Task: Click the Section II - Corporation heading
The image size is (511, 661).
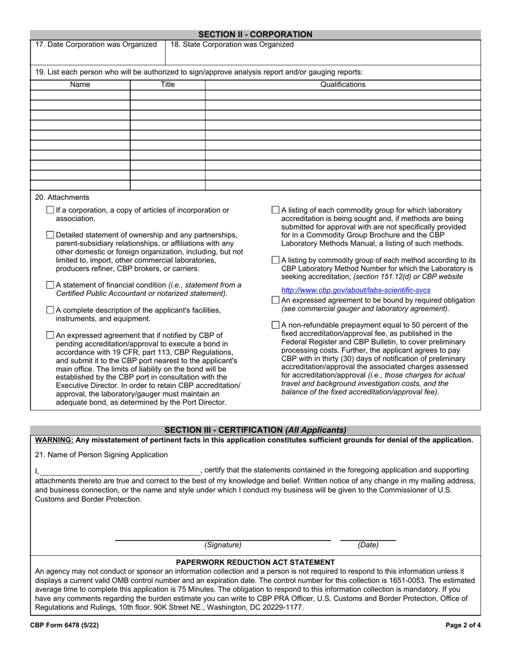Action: (x=255, y=34)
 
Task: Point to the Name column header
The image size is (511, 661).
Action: (x=80, y=84)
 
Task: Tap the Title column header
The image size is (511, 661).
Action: (x=168, y=84)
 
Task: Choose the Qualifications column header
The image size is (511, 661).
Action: (x=343, y=84)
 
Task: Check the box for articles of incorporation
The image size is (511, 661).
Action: (x=51, y=210)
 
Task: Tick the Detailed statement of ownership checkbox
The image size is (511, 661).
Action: (x=51, y=235)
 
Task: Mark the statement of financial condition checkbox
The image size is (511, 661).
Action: (x=51, y=285)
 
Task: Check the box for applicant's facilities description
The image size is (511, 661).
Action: (x=51, y=310)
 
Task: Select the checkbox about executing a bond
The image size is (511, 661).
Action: (x=51, y=335)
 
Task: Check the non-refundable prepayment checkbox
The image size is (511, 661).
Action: (x=276, y=325)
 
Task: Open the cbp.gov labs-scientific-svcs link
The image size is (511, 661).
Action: (x=356, y=290)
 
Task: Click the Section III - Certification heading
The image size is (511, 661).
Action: (x=255, y=430)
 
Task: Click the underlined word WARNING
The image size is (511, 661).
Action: (x=54, y=440)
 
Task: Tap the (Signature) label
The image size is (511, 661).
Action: (x=223, y=545)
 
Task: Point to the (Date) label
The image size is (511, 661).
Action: (x=368, y=545)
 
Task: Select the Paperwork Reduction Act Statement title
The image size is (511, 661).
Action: (x=255, y=562)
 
